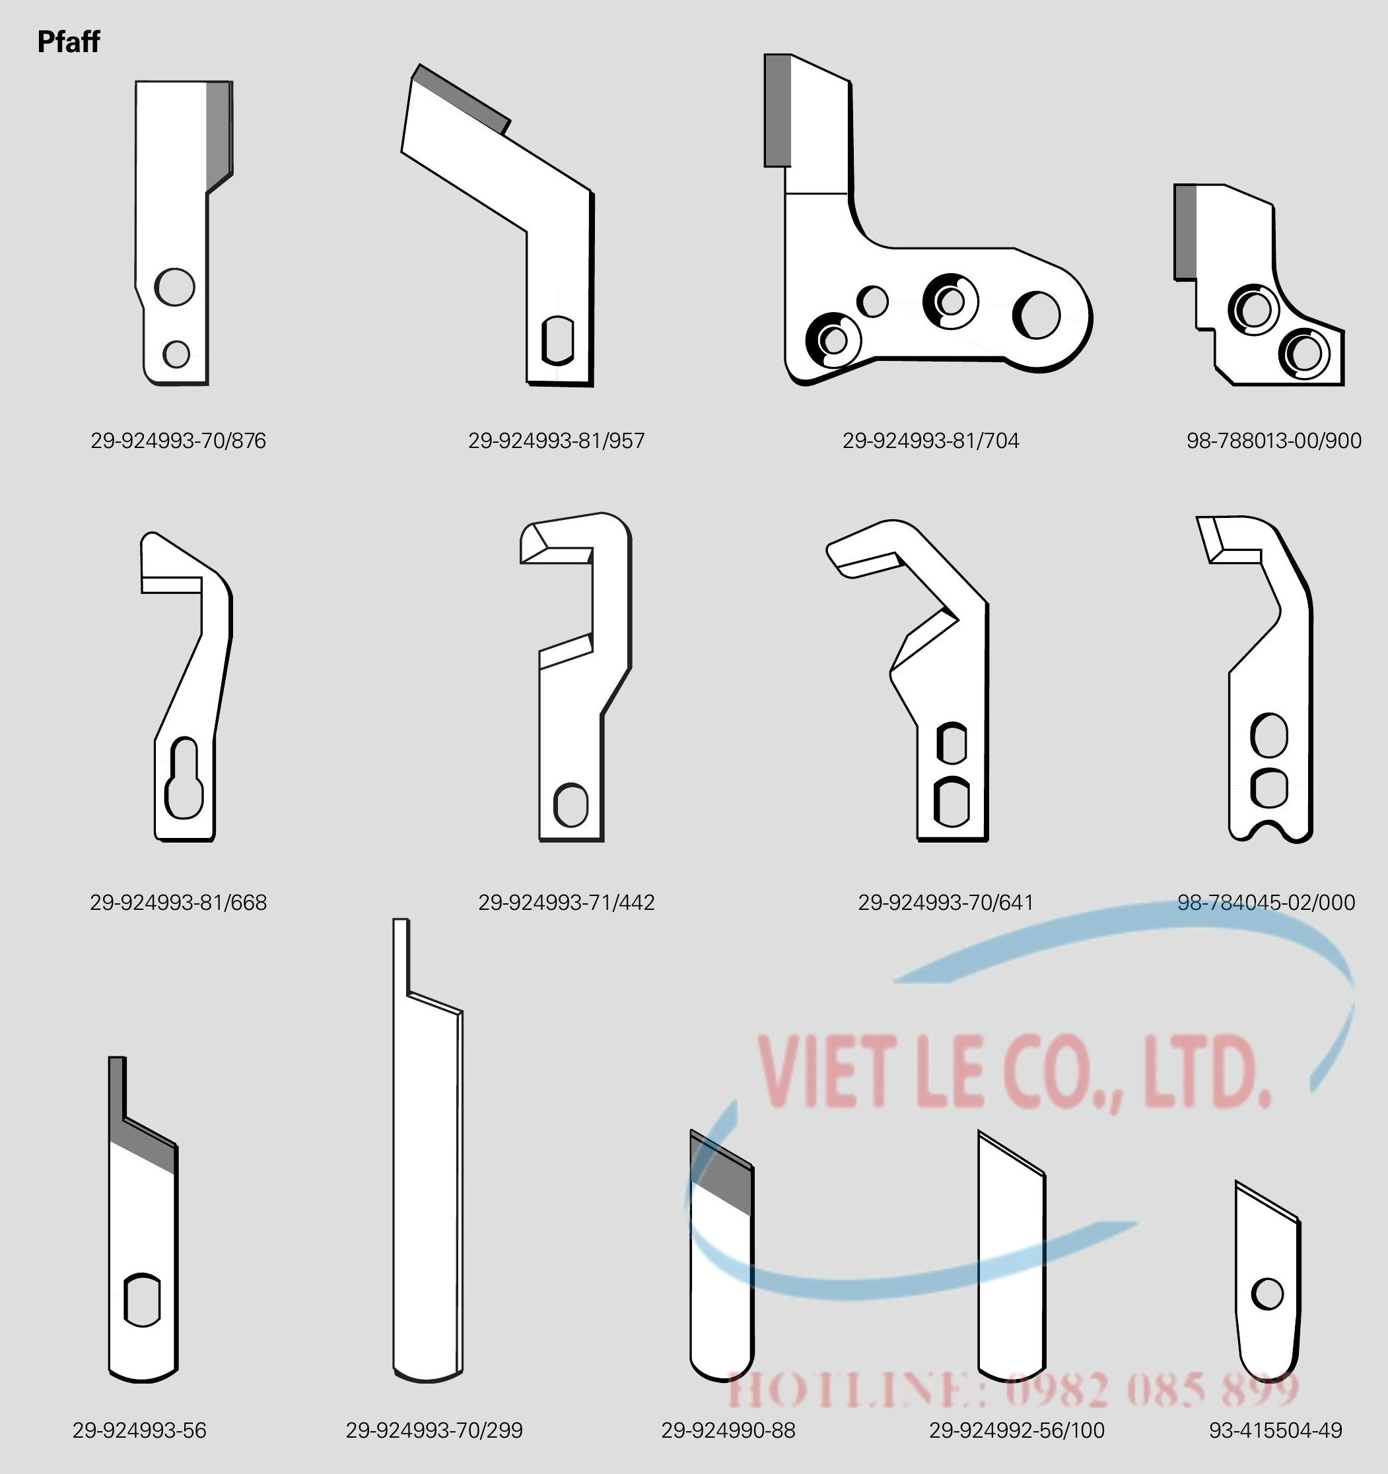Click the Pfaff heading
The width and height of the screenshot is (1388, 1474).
click(68, 42)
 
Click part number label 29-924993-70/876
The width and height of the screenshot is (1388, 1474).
click(178, 441)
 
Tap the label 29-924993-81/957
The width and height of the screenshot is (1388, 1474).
click(557, 441)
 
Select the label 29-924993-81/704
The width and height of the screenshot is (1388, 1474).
click(931, 441)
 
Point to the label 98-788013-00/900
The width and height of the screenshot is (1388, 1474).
click(1274, 441)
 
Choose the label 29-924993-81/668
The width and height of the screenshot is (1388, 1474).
click(178, 903)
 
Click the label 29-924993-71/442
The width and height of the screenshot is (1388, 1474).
click(566, 903)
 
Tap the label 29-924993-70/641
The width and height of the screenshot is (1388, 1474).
click(946, 903)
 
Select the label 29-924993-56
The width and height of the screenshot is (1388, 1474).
click(139, 1430)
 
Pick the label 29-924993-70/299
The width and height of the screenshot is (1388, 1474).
click(434, 1430)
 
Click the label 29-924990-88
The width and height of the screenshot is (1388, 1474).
click(728, 1430)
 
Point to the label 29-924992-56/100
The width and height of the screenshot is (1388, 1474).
click(1017, 1430)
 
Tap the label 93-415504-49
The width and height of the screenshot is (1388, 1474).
click(1276, 1430)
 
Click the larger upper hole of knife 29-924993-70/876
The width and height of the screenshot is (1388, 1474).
click(175, 287)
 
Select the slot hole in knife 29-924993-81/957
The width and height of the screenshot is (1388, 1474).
click(558, 341)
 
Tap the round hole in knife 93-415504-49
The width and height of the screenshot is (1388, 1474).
click(1267, 1295)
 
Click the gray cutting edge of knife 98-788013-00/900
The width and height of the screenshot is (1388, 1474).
click(1185, 232)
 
